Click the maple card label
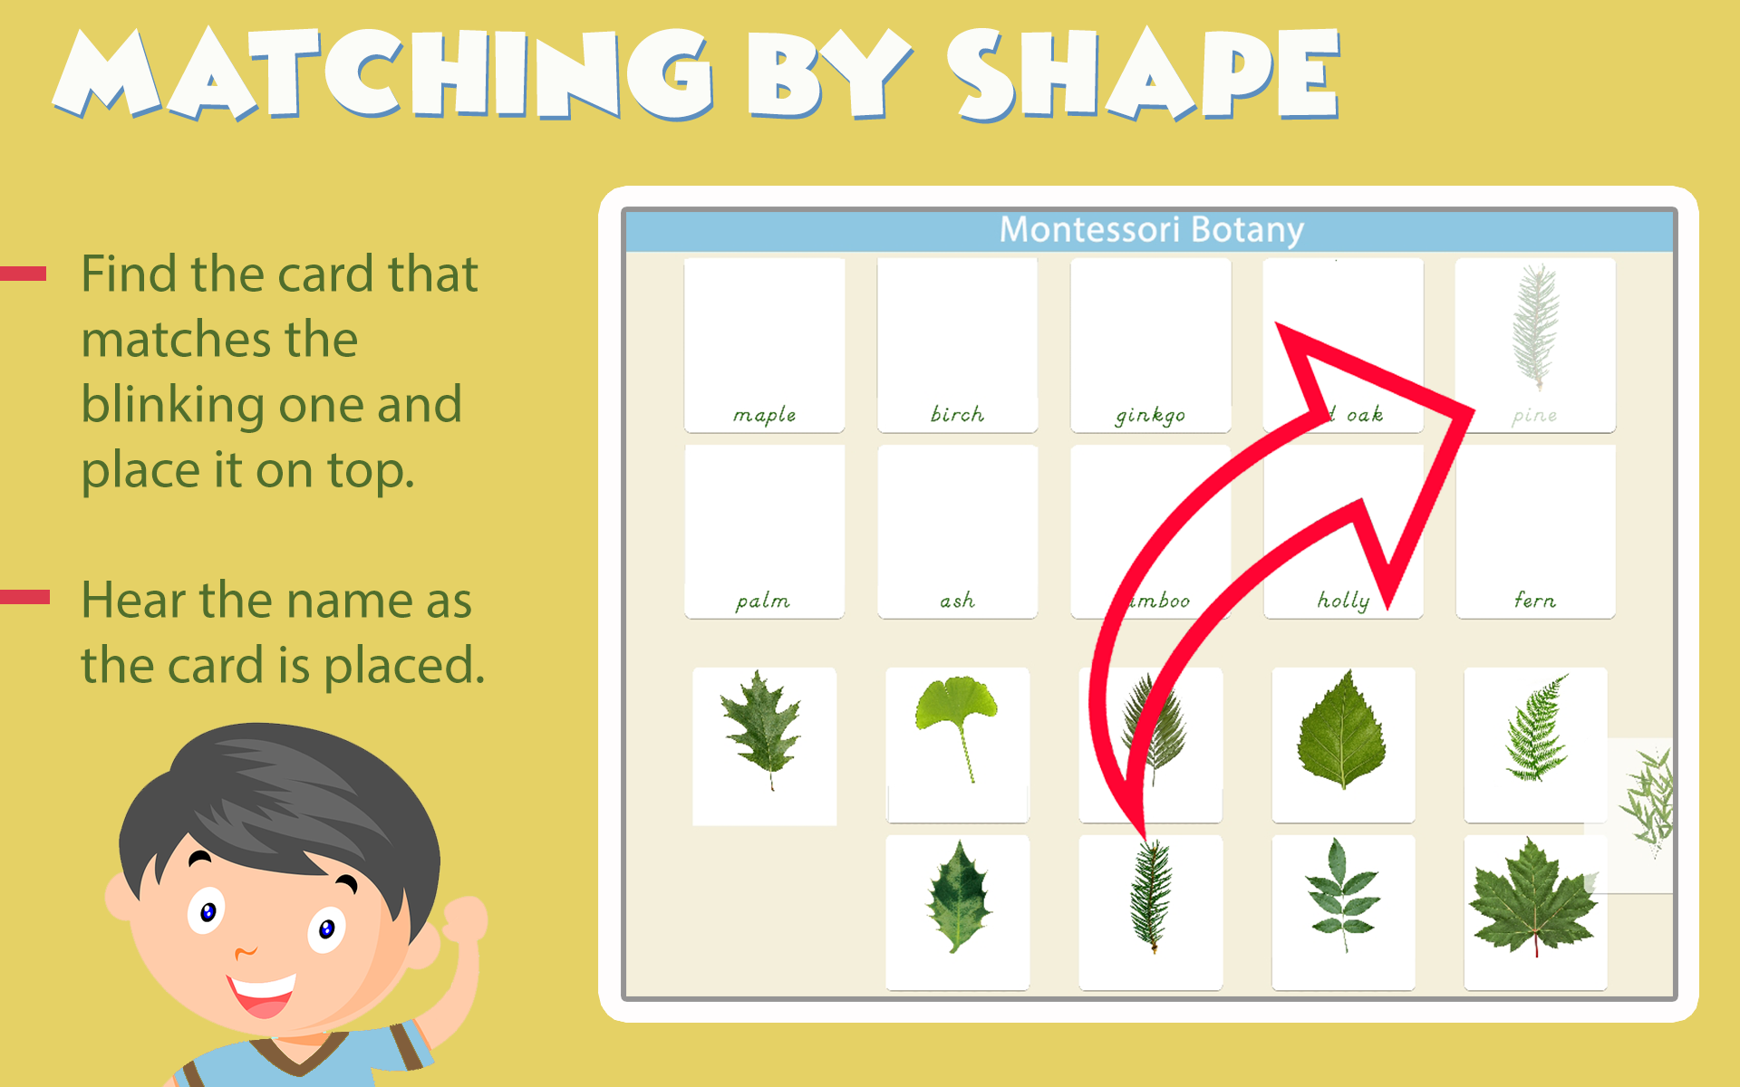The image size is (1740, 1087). [x=764, y=415]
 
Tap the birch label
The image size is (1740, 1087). [x=957, y=414]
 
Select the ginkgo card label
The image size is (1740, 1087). [x=1150, y=415]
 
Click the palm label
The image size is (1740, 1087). [x=763, y=601]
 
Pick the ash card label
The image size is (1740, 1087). [x=957, y=601]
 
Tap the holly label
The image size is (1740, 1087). [x=1343, y=600]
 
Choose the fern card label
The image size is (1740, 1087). [x=1534, y=600]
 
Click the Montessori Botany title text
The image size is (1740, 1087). [x=1151, y=230]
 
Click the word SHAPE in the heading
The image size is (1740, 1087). [x=1144, y=76]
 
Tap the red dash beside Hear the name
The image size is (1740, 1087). [x=25, y=596]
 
